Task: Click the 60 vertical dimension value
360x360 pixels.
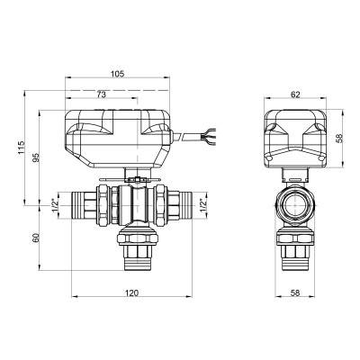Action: [36, 238]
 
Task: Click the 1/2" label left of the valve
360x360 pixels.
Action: [56, 205]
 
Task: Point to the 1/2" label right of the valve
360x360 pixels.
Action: [203, 206]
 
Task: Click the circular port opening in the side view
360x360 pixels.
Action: [294, 206]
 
